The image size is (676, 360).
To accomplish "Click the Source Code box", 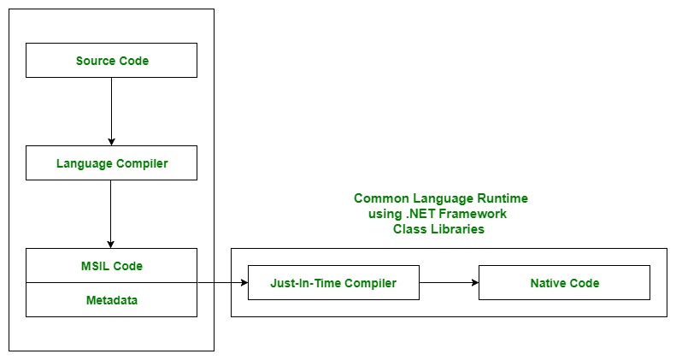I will [x=111, y=61].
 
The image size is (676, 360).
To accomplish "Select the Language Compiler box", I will [x=111, y=162].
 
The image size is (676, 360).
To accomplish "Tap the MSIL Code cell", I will [x=111, y=265].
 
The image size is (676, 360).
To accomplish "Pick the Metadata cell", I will [x=111, y=300].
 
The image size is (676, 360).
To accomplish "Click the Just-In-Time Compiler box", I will [x=333, y=282].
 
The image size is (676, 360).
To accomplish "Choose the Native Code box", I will [x=564, y=282].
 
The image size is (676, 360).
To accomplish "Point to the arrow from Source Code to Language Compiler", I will [x=111, y=111].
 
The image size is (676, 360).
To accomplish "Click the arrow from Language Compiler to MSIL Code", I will [x=111, y=214].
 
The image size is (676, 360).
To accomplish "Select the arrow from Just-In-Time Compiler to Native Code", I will [x=449, y=282].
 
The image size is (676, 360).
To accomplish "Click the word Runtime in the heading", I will [x=503, y=198].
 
